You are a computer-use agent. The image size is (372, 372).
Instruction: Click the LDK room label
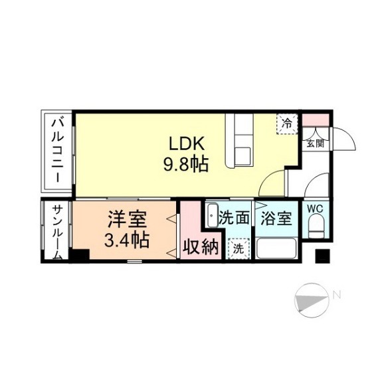click(187, 143)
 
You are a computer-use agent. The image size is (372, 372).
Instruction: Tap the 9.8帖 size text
click(186, 164)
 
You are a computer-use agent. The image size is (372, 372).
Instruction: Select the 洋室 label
click(127, 219)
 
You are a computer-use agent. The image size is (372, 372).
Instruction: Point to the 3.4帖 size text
click(127, 240)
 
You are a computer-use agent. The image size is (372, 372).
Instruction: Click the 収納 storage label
click(201, 247)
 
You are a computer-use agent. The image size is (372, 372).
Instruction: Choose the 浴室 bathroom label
click(276, 218)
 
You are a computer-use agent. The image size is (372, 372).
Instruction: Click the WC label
click(315, 209)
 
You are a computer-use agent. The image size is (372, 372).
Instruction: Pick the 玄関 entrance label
click(315, 143)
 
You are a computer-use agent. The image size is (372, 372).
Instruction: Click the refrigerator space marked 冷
click(287, 124)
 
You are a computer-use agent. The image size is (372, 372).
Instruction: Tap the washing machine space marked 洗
click(238, 248)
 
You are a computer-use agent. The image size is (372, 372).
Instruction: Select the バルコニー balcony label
click(58, 151)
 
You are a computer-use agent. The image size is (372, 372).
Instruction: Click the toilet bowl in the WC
click(316, 226)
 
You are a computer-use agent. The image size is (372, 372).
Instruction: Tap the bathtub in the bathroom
click(276, 249)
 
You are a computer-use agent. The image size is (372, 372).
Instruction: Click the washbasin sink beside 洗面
click(212, 215)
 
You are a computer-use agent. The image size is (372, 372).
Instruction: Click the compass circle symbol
click(312, 300)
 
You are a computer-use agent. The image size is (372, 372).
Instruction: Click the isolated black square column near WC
click(322, 256)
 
